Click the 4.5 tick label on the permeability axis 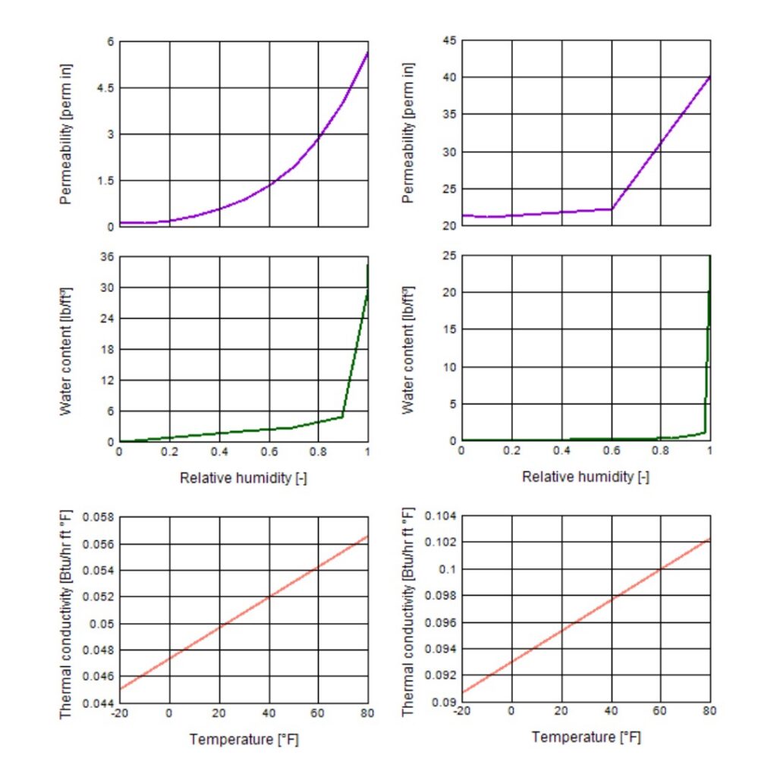103,88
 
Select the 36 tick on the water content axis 105,256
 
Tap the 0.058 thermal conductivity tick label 97,517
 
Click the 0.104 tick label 439,517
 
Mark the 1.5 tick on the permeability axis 103,181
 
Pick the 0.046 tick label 97,677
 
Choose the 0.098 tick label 439,596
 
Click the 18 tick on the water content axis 105,350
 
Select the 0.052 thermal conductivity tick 97,597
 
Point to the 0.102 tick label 439,543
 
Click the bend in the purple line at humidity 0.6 612,209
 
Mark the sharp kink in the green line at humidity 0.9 342,417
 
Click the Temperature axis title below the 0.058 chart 244,739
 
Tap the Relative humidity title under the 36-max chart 244,478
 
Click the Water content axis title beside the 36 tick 66,350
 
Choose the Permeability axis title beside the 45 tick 409,134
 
